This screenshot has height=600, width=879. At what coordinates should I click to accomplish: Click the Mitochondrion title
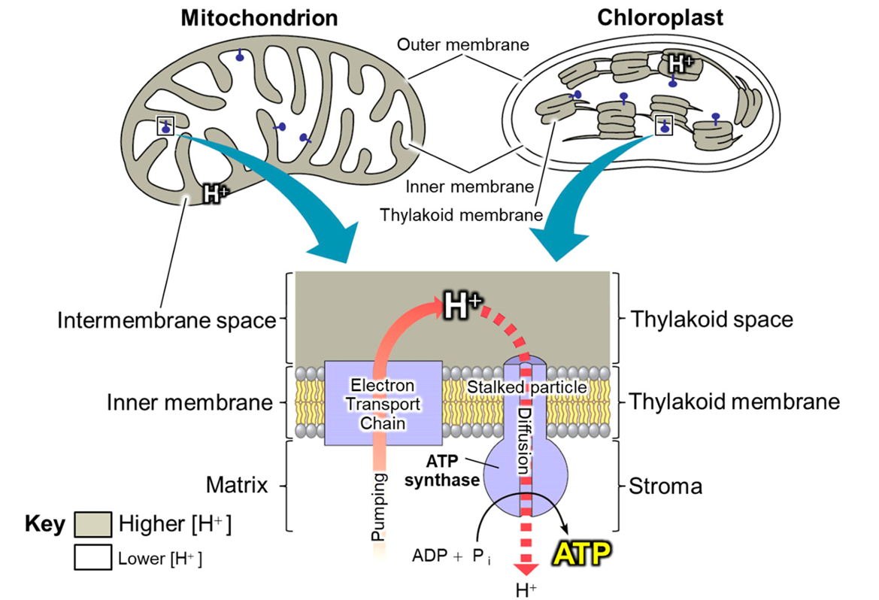point(259,18)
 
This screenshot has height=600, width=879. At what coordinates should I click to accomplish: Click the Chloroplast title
point(659,17)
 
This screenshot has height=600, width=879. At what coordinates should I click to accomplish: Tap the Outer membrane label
point(463,44)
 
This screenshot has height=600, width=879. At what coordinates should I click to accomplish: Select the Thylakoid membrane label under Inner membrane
point(462,215)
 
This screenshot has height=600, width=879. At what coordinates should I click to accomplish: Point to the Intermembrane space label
point(167,320)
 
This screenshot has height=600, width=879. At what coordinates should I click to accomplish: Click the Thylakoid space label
point(712,319)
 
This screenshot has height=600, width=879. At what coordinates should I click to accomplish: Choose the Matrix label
point(237,485)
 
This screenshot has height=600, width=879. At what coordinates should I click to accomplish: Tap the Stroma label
point(665,486)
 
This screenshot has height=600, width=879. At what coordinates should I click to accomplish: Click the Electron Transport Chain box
point(383,403)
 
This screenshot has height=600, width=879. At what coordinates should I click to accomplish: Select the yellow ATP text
point(581,553)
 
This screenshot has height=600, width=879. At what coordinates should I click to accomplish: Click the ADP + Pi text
point(452,556)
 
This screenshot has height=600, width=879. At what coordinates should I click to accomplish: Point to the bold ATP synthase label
point(442,471)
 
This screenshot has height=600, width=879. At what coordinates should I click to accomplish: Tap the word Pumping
point(380,507)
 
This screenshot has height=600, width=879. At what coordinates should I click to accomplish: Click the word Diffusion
point(523,441)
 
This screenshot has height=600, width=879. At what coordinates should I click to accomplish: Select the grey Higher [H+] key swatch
point(92,524)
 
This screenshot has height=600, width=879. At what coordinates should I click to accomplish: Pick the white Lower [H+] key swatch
point(92,557)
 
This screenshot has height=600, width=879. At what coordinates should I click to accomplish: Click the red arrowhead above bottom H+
point(526,568)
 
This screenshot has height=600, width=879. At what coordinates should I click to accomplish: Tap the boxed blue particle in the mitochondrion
point(165,126)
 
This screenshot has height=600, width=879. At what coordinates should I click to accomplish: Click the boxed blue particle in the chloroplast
point(664,126)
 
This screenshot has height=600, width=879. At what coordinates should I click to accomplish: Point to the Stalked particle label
point(527,387)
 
